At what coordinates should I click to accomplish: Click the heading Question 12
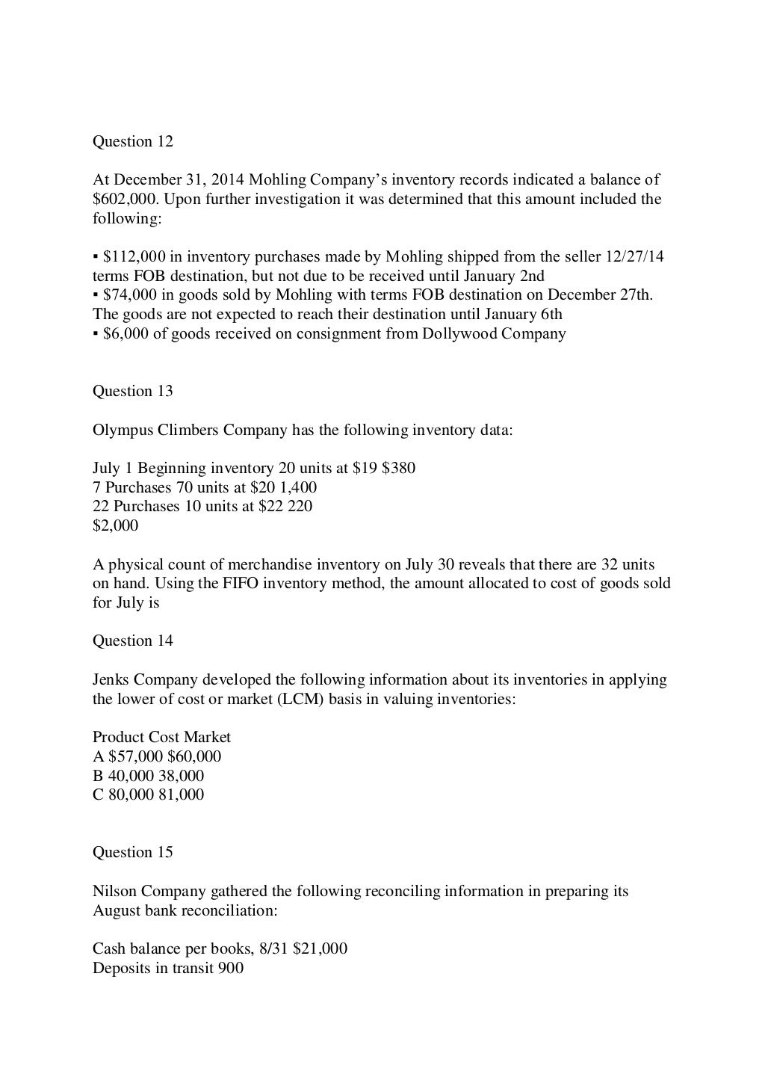[133, 141]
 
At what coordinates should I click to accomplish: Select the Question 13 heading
[133, 391]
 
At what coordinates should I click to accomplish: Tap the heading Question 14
[133, 641]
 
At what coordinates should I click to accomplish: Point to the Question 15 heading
[133, 852]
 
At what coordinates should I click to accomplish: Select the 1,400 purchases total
[298, 487]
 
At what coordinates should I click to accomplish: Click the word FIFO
[241, 583]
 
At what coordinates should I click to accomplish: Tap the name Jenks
[111, 679]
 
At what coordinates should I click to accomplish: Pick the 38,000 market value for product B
[181, 776]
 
